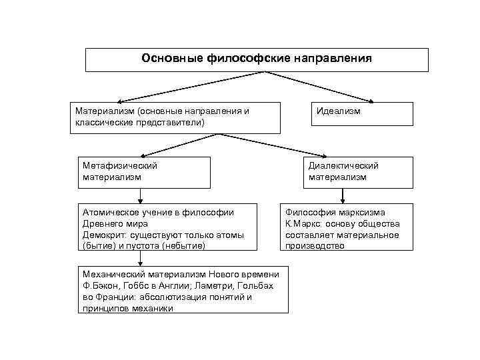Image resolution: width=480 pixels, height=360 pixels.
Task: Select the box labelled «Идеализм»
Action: tap(362, 113)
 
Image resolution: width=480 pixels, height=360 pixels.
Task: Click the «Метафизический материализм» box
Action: tap(143, 172)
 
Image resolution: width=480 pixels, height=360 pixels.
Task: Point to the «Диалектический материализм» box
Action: tap(343, 172)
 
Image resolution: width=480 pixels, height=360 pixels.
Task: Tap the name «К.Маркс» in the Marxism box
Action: tap(305, 223)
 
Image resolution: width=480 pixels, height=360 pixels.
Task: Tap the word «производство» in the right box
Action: tap(315, 245)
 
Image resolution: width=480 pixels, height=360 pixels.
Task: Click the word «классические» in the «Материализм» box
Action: tap(105, 123)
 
